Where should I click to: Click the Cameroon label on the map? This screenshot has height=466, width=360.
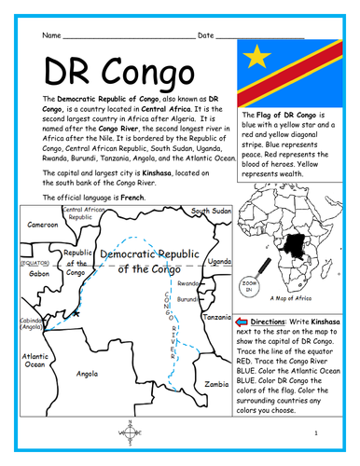tap(41, 225)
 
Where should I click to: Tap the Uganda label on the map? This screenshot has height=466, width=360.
tap(218, 262)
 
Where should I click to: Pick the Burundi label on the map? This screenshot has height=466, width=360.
tap(190, 299)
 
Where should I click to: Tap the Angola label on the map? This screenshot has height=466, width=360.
tap(86, 373)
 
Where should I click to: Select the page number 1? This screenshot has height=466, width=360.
tap(315, 432)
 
